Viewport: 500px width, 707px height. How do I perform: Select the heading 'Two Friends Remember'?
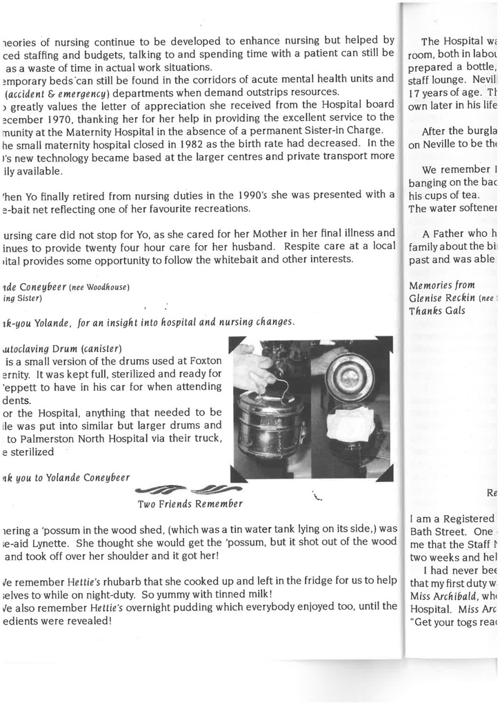[x=191, y=503]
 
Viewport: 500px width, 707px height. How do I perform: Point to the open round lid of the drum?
[x=349, y=376]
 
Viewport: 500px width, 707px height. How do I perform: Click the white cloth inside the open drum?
[x=350, y=425]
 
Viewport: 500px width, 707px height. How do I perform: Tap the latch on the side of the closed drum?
[x=302, y=432]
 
